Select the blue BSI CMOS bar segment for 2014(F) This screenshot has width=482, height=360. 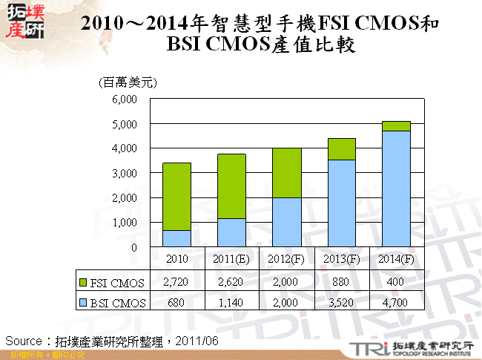396,189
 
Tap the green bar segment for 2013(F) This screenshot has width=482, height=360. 341,148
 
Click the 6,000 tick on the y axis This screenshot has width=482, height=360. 124,99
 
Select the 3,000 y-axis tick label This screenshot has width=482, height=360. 124,173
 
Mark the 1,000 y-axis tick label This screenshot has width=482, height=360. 124,223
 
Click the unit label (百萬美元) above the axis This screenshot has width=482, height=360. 128,82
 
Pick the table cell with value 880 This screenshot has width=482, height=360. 341,282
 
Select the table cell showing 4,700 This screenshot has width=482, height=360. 397,301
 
